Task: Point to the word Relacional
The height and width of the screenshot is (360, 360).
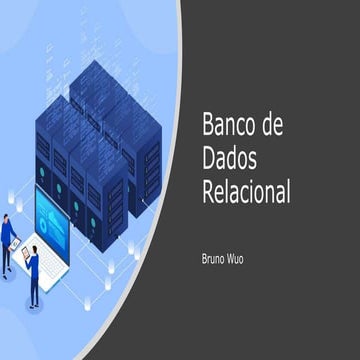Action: click(x=246, y=191)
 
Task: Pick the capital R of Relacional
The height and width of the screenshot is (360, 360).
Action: click(x=208, y=191)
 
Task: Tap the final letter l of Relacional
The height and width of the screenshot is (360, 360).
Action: click(x=288, y=191)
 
